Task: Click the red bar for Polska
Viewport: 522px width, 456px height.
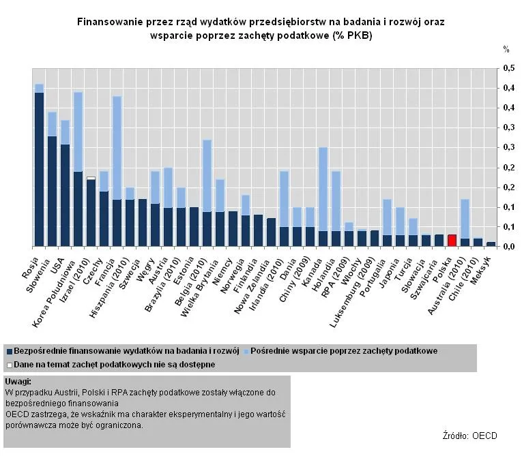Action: [x=452, y=240]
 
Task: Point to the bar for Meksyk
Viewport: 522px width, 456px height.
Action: [x=491, y=243]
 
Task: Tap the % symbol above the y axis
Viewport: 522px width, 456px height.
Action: [x=506, y=49]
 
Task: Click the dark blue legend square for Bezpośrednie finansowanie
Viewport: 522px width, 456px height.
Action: [x=10, y=351]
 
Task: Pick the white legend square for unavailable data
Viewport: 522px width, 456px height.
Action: [x=10, y=365]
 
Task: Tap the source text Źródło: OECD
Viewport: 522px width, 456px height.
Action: [x=469, y=436]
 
